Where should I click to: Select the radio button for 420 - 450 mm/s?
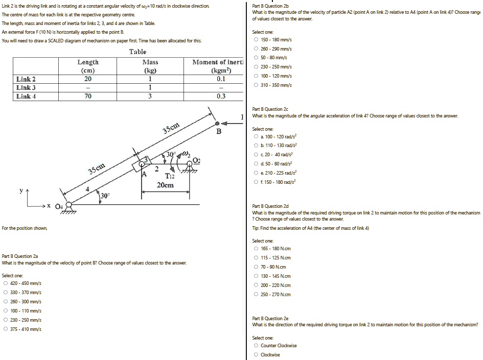tap(6, 283)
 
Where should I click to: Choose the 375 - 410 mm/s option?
tap(6, 329)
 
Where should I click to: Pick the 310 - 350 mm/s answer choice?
tap(256, 85)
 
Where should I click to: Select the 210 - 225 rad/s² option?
tap(256, 173)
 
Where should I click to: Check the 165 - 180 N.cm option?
tap(256, 249)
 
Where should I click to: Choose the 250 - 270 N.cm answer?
tap(256, 295)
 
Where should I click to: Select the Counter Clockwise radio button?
tap(256, 346)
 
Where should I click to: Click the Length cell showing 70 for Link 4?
tap(88, 96)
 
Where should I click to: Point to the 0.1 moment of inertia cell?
tap(220, 79)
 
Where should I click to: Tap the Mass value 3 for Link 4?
tap(150, 96)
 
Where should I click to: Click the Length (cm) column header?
tap(88, 66)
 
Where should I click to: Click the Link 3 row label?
tap(26, 88)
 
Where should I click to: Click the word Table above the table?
tap(137, 52)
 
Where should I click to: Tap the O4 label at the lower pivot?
tap(58, 206)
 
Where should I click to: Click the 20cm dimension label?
tap(166, 185)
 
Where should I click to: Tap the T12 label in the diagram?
tap(169, 176)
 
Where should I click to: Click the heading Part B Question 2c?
tap(270, 109)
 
